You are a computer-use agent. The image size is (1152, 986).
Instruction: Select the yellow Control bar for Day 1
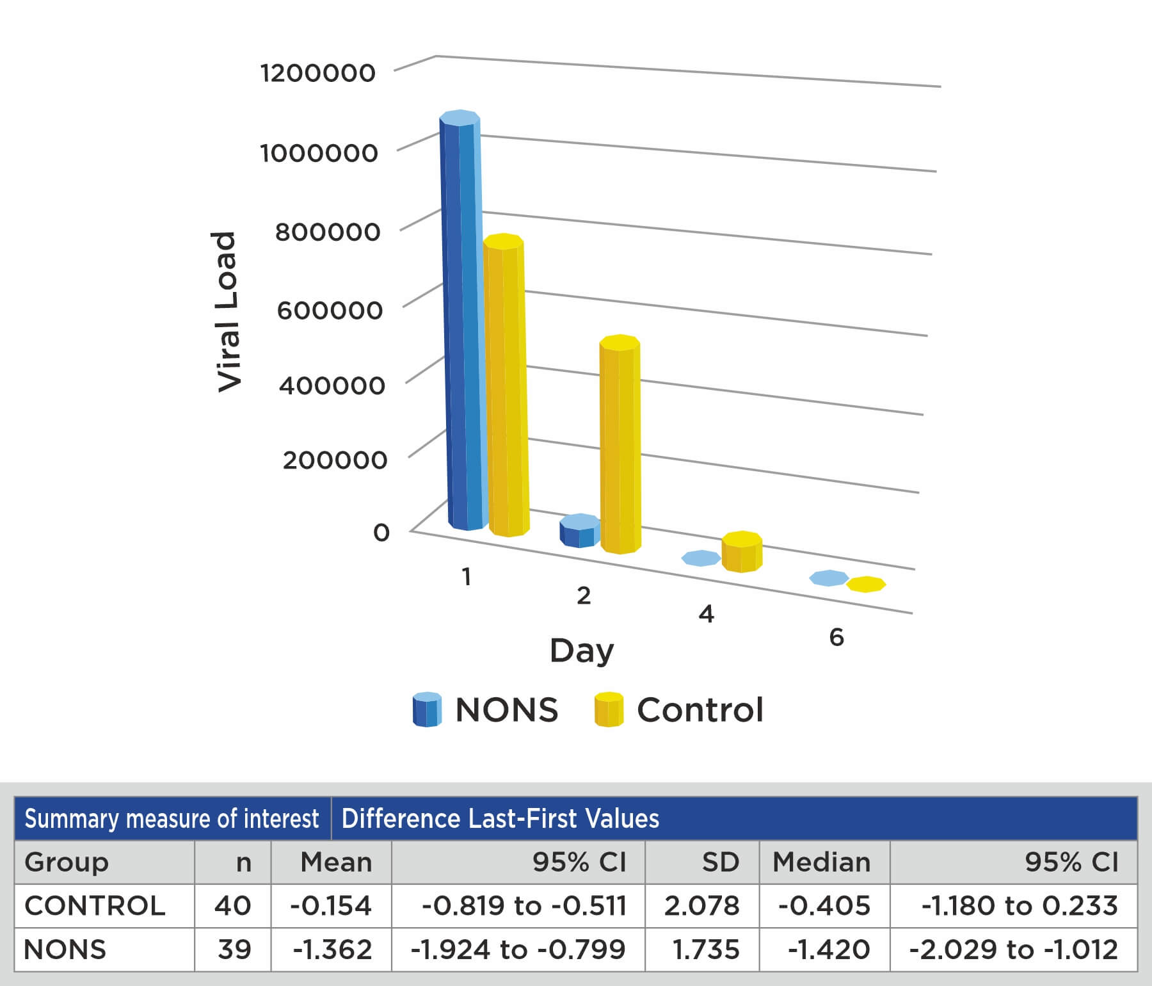click(x=506, y=384)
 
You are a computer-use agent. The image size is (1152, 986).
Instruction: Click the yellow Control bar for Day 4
click(x=742, y=552)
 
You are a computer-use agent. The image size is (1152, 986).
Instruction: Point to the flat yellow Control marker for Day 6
click(x=866, y=584)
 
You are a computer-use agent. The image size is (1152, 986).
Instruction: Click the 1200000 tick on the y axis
click(x=317, y=73)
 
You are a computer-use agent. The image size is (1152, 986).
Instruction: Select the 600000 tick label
click(x=330, y=311)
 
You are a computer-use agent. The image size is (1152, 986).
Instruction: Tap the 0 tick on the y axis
click(x=381, y=532)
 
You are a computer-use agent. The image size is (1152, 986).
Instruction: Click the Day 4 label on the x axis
click(x=706, y=614)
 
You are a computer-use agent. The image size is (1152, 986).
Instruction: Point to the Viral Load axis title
click(x=227, y=311)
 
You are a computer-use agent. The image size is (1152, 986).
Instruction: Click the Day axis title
click(x=582, y=651)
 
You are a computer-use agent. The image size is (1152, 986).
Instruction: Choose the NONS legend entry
click(x=486, y=709)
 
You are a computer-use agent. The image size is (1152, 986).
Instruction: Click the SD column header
click(x=720, y=862)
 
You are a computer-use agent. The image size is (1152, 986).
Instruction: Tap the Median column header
click(x=822, y=862)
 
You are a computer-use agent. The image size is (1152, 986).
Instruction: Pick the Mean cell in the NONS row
click(x=332, y=950)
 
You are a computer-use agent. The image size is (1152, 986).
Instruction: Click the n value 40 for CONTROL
click(x=232, y=906)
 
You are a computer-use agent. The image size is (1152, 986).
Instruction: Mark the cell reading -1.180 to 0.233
click(x=1019, y=906)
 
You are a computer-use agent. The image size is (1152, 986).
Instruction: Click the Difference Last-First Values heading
click(x=500, y=819)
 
